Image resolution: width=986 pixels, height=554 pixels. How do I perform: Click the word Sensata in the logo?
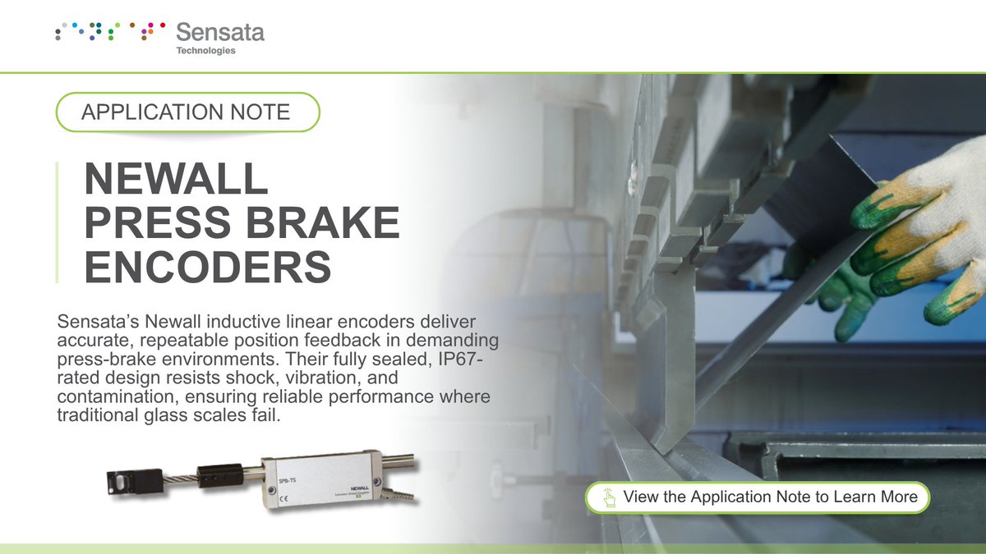220,34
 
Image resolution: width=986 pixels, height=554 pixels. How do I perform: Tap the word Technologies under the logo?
205,51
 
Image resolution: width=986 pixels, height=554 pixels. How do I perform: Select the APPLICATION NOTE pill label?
187,112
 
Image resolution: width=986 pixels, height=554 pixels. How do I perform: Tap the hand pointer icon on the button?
609,497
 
